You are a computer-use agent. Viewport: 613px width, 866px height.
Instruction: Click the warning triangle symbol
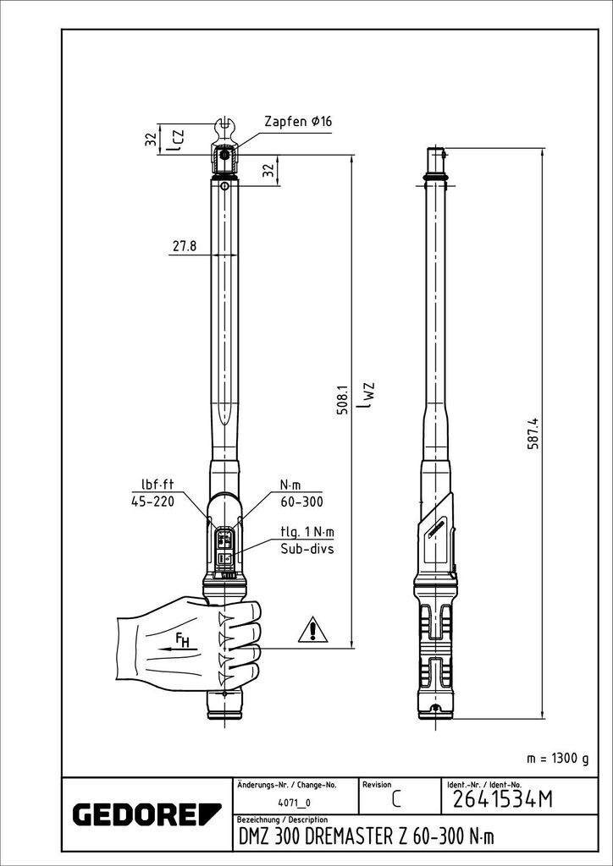[x=312, y=630]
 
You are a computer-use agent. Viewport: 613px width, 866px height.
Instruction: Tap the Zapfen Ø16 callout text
[x=297, y=122]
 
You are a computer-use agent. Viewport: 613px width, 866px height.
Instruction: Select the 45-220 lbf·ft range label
[x=153, y=501]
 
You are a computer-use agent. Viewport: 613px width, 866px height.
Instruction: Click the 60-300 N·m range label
[x=301, y=501]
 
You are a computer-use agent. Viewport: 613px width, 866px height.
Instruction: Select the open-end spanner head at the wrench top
[x=225, y=129]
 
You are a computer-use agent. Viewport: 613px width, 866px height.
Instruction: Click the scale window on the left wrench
[x=225, y=545]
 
